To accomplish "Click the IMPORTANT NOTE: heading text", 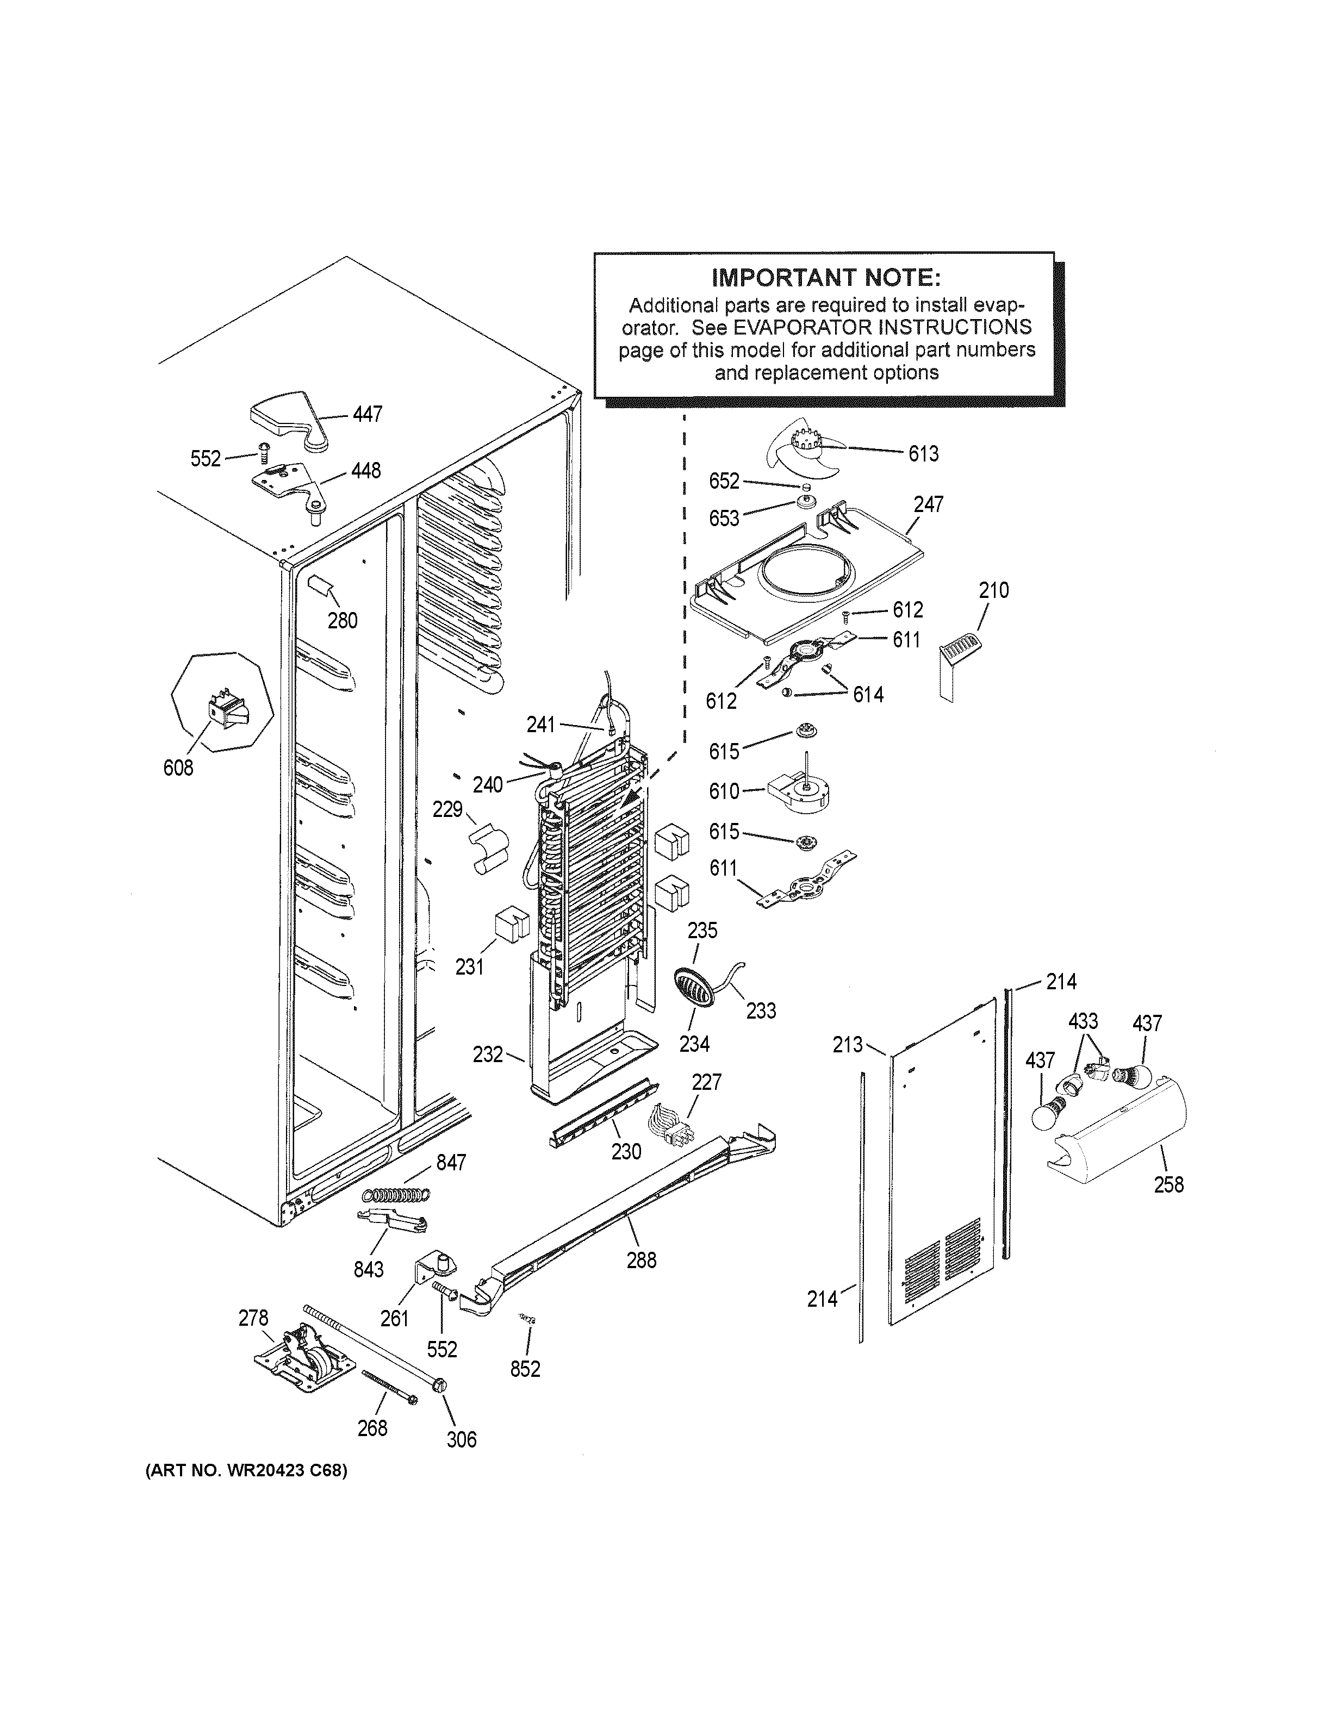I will tap(825, 278).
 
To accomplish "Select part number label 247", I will tap(928, 504).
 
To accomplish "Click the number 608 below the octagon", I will tap(178, 767).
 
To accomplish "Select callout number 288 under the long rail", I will tap(641, 1260).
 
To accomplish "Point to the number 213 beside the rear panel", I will tap(848, 1045).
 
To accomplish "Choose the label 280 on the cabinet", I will tap(342, 621).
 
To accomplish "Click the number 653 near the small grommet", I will tap(724, 518).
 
